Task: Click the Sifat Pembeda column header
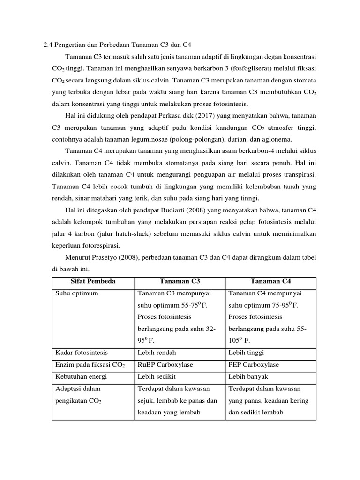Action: click(93, 282)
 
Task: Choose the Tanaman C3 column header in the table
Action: click(180, 282)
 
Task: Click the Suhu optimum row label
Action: click(77, 294)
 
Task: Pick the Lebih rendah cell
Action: click(157, 353)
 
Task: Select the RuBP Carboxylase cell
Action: click(165, 365)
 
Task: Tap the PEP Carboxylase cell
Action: click(254, 365)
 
